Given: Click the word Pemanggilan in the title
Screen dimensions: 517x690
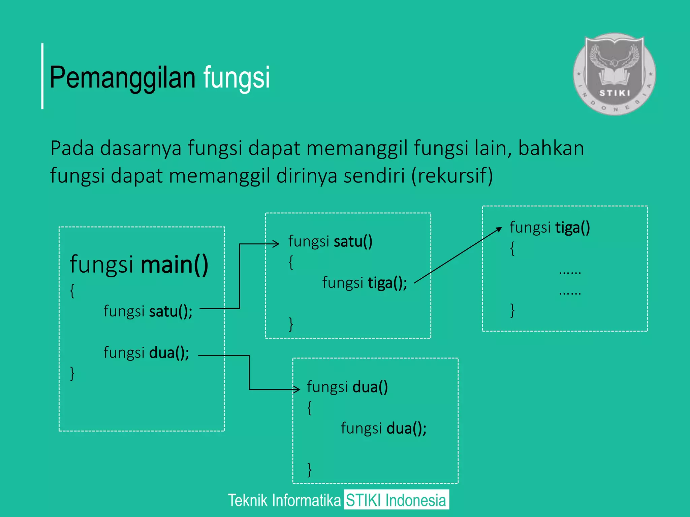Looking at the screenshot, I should click(122, 77).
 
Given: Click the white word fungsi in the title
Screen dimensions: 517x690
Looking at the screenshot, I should click(236, 77).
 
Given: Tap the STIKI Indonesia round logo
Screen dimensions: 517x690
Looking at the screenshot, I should click(614, 74).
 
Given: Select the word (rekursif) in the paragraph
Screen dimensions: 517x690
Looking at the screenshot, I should click(452, 176).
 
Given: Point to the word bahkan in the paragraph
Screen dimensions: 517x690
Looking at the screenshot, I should click(551, 148).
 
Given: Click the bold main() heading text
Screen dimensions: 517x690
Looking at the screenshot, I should click(174, 264).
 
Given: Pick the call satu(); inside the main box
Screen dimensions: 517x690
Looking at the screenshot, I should click(170, 311).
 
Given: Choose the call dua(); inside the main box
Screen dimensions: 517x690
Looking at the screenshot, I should click(169, 353).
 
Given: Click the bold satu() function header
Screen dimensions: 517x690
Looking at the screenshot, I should click(353, 241).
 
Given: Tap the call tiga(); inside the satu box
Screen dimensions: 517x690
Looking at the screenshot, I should click(387, 283).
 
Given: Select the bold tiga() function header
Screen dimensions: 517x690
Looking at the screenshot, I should click(572, 228).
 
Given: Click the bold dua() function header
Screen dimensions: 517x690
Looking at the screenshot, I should click(370, 387).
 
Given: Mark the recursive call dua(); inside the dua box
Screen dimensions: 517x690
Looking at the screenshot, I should click(406, 428).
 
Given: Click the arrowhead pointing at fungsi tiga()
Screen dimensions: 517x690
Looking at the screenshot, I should click(500, 229).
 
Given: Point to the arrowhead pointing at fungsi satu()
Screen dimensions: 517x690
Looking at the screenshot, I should click(277, 244).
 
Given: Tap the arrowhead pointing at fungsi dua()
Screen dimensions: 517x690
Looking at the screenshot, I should click(297, 389).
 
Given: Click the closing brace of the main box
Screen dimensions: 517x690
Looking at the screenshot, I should click(72, 374).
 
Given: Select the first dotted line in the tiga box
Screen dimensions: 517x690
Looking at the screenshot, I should click(570, 272).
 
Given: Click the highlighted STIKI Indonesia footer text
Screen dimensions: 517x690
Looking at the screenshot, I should click(396, 500).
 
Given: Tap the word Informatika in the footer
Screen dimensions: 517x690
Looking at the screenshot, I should click(306, 500).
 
